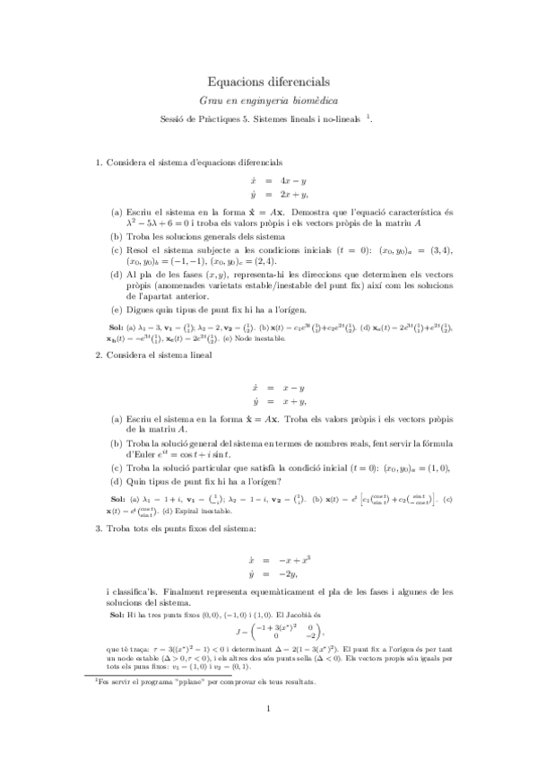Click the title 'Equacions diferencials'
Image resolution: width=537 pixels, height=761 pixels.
tap(268, 81)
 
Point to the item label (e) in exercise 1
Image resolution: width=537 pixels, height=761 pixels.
tap(117, 308)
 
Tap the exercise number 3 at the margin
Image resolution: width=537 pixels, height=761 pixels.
tap(98, 530)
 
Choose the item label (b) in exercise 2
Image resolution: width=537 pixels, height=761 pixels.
tap(117, 443)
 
